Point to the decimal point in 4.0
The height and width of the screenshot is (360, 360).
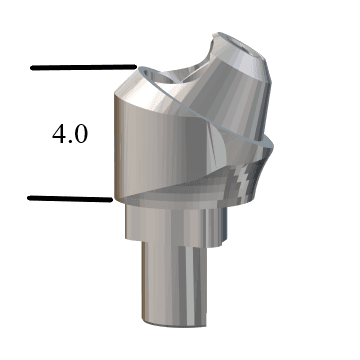70,143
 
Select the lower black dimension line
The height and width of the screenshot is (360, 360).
69,198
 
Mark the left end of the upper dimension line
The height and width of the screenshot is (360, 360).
33,68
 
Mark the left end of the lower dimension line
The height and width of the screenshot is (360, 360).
30,198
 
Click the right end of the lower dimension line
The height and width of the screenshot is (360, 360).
109,199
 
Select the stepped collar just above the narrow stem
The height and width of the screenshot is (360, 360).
170,223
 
